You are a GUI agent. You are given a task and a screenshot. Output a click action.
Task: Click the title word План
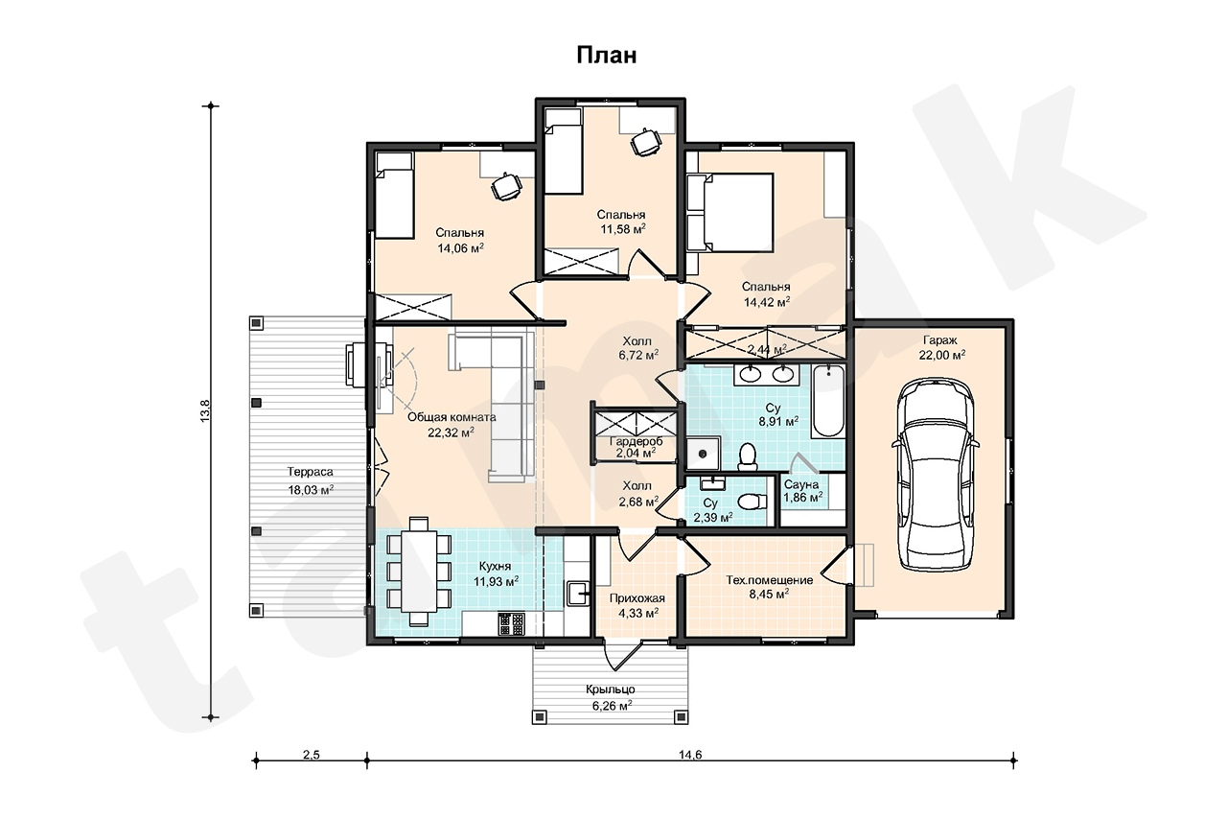(607, 56)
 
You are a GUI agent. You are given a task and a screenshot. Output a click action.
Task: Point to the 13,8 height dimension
(205, 410)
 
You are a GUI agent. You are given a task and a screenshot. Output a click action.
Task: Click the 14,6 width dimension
(690, 755)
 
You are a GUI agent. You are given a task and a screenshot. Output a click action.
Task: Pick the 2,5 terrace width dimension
(312, 755)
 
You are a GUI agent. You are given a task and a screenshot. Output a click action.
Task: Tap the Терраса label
(310, 472)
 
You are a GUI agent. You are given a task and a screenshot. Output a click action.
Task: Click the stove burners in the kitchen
(511, 624)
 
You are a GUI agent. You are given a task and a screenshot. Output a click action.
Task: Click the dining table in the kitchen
(419, 571)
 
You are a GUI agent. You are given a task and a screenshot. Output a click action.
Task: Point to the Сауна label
(800, 484)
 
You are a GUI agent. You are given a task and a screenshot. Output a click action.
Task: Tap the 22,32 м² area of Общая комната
(451, 432)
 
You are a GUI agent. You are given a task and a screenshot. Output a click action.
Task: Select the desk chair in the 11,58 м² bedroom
(645, 143)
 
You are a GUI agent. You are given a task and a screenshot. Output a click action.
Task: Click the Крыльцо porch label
(611, 689)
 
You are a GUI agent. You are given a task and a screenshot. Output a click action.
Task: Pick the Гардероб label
(636, 441)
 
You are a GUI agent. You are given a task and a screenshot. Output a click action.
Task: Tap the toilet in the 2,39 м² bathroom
(753, 502)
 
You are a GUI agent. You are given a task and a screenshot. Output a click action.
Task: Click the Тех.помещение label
(769, 579)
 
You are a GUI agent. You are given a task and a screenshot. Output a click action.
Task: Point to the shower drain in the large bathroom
(703, 453)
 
